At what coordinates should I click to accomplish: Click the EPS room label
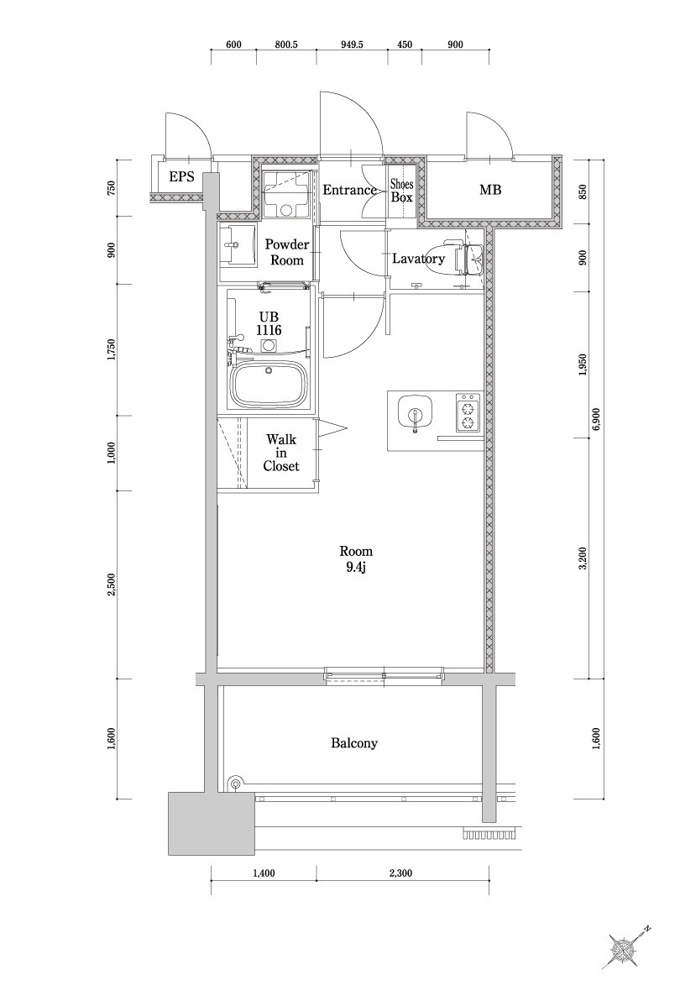pos(181,176)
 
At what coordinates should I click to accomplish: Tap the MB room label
pos(490,191)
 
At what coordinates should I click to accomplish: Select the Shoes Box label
pos(402,191)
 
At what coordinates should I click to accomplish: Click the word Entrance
pos(349,191)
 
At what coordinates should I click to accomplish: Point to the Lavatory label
pos(418,259)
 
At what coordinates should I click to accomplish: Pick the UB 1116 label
pos(269,323)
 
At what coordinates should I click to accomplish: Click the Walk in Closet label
pos(280,453)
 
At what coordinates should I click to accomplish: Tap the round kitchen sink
pos(414,414)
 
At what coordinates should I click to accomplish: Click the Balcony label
pos(353,743)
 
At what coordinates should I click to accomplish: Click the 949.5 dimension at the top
pos(353,45)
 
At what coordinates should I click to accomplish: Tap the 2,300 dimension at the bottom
pos(401,873)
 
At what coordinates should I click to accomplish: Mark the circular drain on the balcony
pos(235,784)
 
